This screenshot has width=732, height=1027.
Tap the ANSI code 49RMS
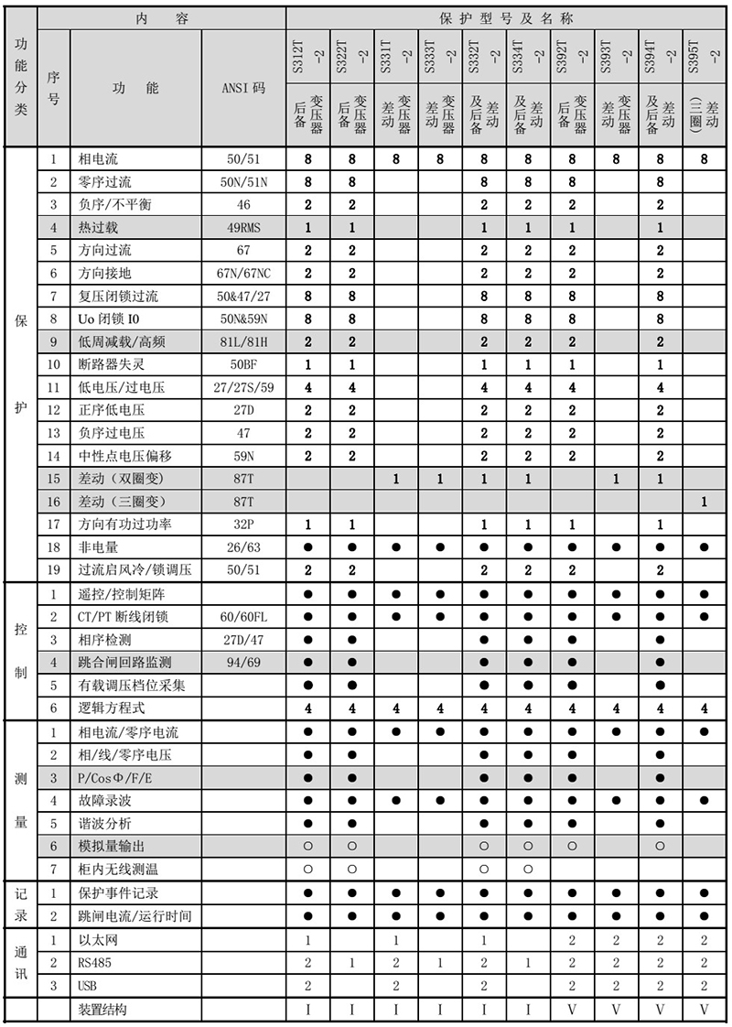click(243, 227)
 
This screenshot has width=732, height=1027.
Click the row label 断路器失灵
click(113, 364)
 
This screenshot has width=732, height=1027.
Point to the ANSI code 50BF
click(243, 364)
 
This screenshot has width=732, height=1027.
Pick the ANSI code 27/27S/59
click(243, 387)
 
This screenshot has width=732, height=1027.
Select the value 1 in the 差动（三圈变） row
click(703, 502)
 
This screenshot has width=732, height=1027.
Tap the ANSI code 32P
click(243, 524)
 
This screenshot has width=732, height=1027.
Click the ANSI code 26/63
click(243, 547)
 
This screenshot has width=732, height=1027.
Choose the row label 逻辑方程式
click(113, 708)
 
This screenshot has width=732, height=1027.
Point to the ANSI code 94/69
click(243, 662)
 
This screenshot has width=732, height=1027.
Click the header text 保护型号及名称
click(509, 17)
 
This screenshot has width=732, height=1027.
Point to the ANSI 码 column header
click(243, 89)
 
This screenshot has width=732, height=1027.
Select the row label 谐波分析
click(106, 823)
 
